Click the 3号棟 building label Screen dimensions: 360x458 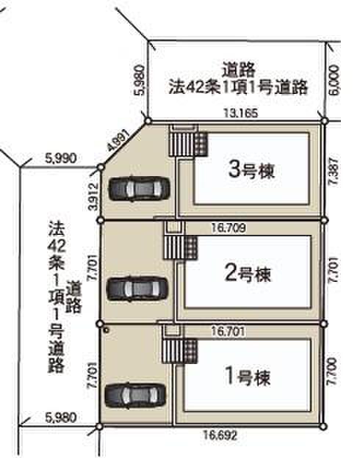pyautogui.click(x=251, y=170)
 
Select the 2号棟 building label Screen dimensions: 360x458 pyautogui.click(x=248, y=273)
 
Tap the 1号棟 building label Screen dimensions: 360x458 pyautogui.click(x=248, y=377)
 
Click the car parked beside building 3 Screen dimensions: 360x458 pyautogui.click(x=139, y=189)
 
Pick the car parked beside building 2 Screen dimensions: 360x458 pyautogui.click(x=137, y=288)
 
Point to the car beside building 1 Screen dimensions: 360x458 pyautogui.click(x=135, y=395)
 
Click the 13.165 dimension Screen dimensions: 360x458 pyautogui.click(x=241, y=113)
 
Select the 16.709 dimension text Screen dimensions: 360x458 pyautogui.click(x=228, y=228)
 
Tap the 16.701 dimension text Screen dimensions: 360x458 pyautogui.click(x=228, y=331)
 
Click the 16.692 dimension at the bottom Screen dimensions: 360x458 pyautogui.click(x=220, y=435)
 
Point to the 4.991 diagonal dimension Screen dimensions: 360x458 pyautogui.click(x=118, y=140)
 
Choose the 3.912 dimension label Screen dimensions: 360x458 pyautogui.click(x=93, y=197)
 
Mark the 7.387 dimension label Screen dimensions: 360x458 pyautogui.click(x=334, y=171)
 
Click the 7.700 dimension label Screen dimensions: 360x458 pyautogui.click(x=332, y=371)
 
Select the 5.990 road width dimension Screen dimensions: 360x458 pyautogui.click(x=61, y=158)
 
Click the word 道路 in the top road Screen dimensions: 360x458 pyautogui.click(x=239, y=70)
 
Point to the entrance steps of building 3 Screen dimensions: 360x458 pyautogui.click(x=181, y=144)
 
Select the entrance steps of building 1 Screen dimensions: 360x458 pyautogui.click(x=173, y=351)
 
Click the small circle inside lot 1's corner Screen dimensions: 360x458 pyautogui.click(x=107, y=330)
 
